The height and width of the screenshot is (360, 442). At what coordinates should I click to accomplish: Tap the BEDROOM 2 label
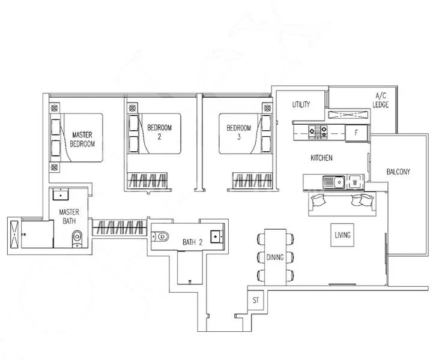click(x=160, y=131)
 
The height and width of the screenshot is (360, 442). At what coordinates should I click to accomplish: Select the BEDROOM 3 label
click(x=238, y=131)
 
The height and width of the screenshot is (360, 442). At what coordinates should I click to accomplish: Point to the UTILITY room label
click(x=301, y=105)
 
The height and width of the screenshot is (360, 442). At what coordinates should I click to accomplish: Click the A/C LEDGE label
click(x=381, y=100)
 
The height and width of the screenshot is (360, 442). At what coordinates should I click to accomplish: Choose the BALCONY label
click(x=398, y=172)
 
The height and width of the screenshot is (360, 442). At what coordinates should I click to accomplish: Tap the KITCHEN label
click(x=321, y=158)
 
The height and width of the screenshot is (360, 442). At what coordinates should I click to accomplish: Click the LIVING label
click(x=343, y=235)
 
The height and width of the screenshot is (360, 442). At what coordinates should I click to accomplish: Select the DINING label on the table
click(x=275, y=257)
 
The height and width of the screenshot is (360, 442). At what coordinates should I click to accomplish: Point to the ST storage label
click(x=255, y=299)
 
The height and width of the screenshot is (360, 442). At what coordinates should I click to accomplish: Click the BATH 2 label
click(x=193, y=242)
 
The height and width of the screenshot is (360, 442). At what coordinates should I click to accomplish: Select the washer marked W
click(x=354, y=181)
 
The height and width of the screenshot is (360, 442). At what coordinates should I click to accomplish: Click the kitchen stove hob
click(x=317, y=131)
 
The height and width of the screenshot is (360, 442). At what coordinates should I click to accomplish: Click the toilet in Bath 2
click(x=163, y=236)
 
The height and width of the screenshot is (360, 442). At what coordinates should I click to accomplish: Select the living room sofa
click(x=340, y=203)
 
